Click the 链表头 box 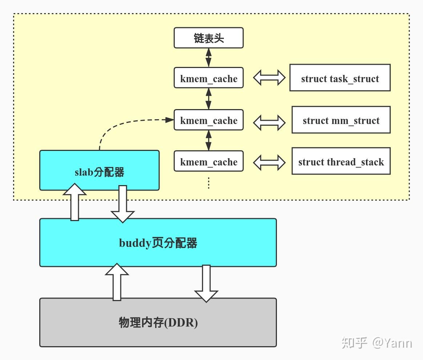(209, 38)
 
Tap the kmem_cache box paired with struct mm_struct (209, 120)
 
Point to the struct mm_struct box (341, 120)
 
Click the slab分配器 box (99, 171)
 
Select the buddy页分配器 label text (158, 243)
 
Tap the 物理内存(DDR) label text (158, 322)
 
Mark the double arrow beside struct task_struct (269, 78)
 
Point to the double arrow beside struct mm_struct (269, 123)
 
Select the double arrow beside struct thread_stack (269, 162)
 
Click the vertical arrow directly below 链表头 (209, 57)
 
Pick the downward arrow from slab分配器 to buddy (123, 204)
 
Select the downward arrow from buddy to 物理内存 (206, 283)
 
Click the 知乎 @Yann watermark (376, 343)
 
